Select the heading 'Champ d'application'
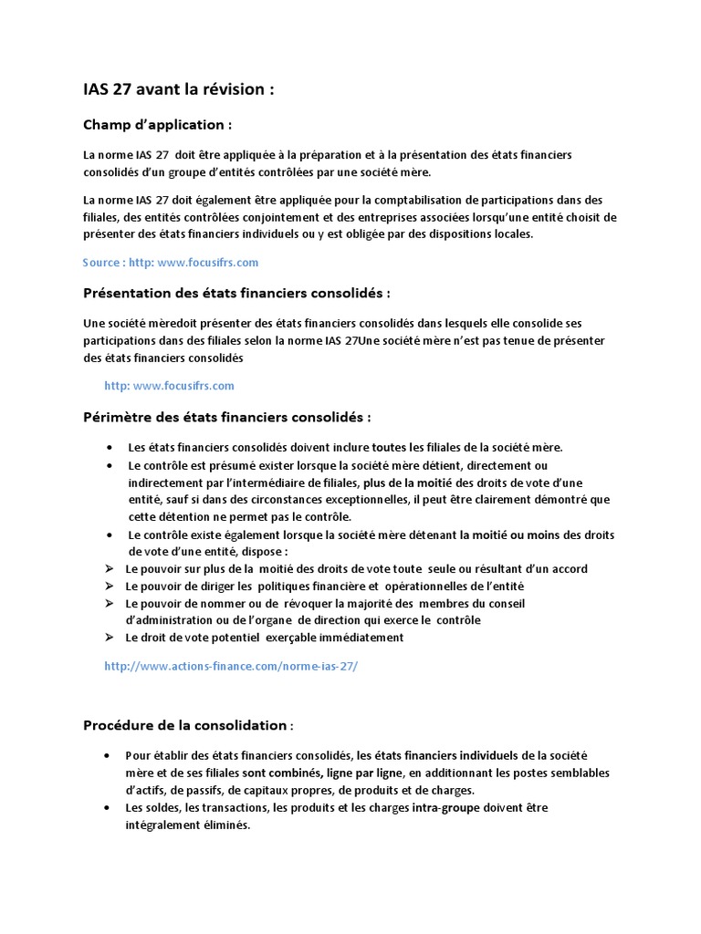[156, 124]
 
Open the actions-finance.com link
[232, 667]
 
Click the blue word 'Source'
[101, 262]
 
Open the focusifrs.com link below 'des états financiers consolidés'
[170, 386]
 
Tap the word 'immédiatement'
[361, 638]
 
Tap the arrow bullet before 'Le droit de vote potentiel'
[110, 638]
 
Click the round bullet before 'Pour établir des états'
[110, 756]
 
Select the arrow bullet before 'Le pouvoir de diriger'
[110, 586]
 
